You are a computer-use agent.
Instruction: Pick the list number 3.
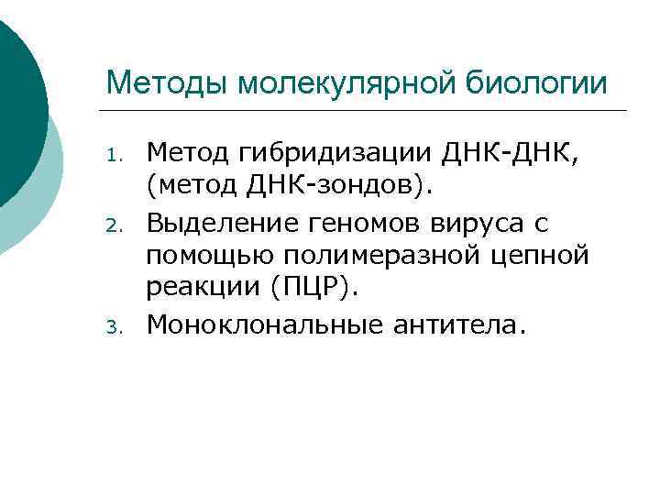click(115, 325)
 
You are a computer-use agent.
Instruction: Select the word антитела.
click(465, 324)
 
